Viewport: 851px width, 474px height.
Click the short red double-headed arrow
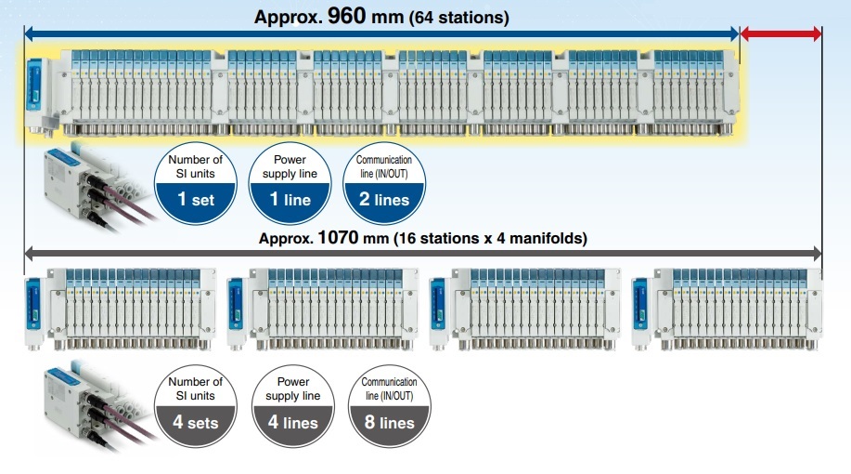780,34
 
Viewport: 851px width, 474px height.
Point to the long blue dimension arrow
380,34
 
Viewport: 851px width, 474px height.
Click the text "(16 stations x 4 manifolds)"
491,238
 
